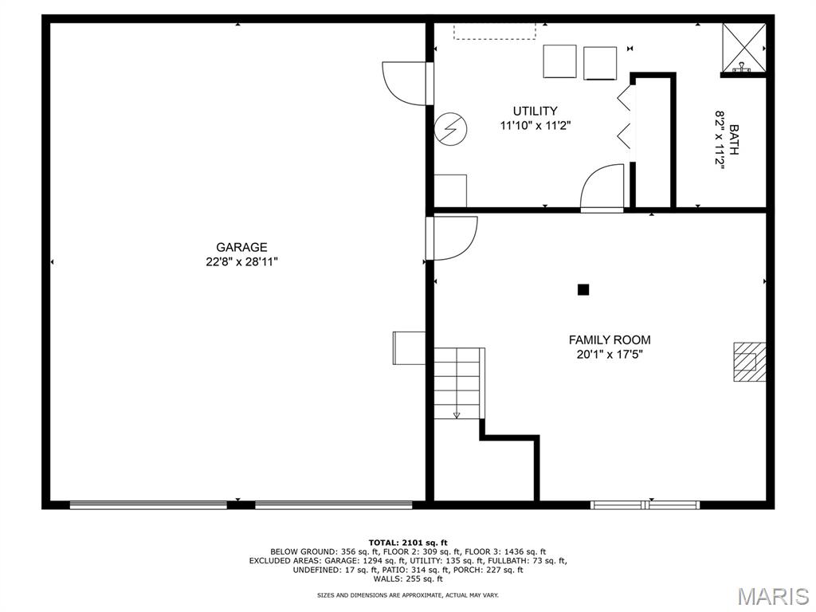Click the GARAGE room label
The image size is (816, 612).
point(241,247)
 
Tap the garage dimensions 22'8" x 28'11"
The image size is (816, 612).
point(241,261)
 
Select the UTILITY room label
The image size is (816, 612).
point(535,111)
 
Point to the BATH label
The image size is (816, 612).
point(734,139)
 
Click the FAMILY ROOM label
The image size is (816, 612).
point(610,339)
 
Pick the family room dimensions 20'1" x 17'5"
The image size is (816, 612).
point(610,355)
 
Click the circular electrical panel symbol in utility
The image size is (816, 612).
point(451,128)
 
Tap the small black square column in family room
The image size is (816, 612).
point(583,289)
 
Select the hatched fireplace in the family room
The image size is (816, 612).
point(749,362)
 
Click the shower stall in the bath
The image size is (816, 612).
point(744,47)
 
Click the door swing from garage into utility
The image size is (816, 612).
point(406,83)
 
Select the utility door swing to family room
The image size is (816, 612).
point(602,186)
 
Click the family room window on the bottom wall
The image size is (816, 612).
point(645,504)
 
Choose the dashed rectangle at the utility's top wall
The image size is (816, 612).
point(495,31)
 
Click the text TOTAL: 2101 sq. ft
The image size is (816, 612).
point(408,543)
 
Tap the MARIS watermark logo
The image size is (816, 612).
point(772,596)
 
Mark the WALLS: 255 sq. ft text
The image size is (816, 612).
point(408,579)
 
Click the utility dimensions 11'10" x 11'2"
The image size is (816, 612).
point(535,125)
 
